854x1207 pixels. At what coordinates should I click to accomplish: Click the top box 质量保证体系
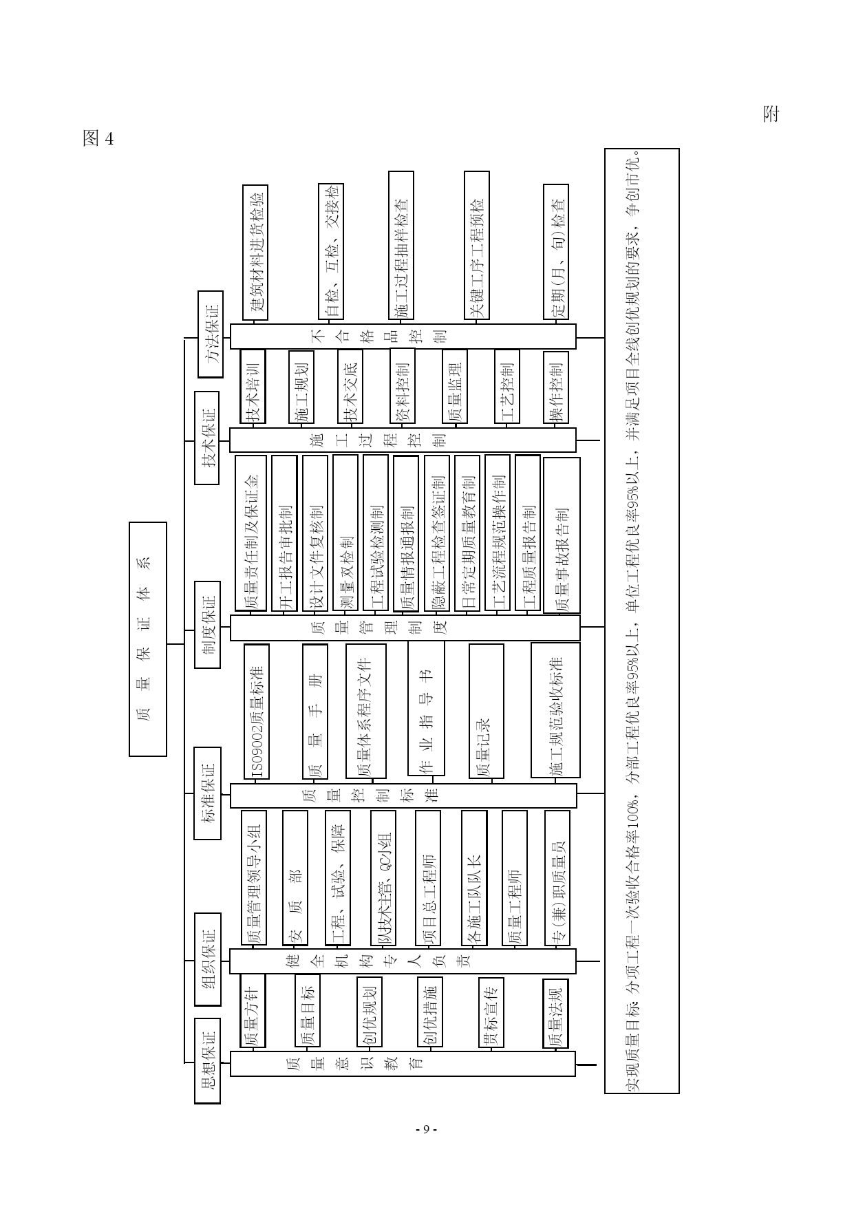[x=148, y=639]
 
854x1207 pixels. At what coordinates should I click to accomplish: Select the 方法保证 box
[x=211, y=334]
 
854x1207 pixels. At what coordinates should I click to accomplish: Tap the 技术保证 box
[x=207, y=438]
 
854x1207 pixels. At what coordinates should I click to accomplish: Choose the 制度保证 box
[x=207, y=624]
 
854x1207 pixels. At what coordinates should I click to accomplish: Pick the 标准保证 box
[x=207, y=793]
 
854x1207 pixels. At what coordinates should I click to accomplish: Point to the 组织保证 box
[x=207, y=960]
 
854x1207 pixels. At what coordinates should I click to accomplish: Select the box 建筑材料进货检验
[x=255, y=252]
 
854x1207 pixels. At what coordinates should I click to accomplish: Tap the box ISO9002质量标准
[x=257, y=711]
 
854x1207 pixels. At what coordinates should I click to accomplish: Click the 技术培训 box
[x=253, y=386]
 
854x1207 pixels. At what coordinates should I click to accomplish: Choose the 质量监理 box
[x=454, y=386]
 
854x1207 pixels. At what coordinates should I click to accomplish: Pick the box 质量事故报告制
[x=562, y=535]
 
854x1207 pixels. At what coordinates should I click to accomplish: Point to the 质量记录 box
[x=486, y=711]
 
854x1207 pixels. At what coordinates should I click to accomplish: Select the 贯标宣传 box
[x=491, y=1012]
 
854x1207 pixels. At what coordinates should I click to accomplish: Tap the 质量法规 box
[x=555, y=1012]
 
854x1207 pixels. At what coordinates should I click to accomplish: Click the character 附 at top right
[x=771, y=114]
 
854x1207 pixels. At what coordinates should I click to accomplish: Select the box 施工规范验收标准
[x=555, y=709]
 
